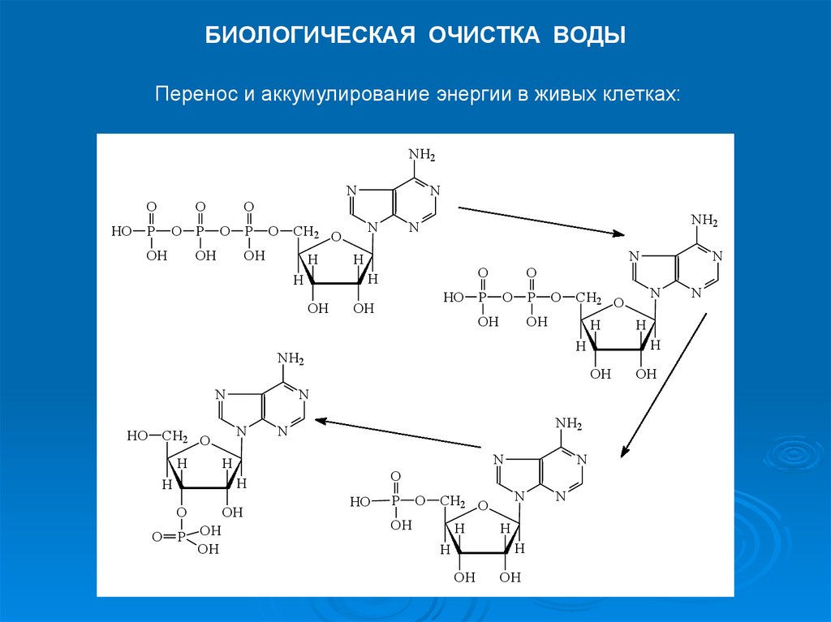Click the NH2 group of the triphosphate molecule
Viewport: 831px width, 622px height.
[x=422, y=155]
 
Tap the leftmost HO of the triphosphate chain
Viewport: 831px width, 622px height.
[x=121, y=232]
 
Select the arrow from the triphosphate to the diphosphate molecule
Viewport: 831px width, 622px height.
[x=541, y=221]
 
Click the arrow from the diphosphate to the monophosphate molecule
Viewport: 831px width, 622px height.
[x=662, y=387]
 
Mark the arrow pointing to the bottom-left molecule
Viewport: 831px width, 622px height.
[x=398, y=432]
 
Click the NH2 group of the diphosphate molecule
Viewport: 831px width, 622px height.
[x=704, y=221]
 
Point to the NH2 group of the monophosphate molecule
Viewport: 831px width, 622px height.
[x=568, y=423]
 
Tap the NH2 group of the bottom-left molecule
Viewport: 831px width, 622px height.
[x=291, y=359]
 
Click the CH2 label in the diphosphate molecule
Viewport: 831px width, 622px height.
[x=589, y=298]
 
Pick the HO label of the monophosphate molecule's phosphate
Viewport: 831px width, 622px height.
[x=360, y=502]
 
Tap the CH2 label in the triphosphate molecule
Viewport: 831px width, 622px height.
[x=306, y=232]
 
